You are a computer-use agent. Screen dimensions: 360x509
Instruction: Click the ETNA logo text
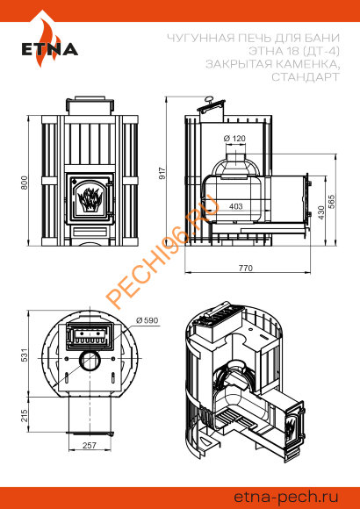50,49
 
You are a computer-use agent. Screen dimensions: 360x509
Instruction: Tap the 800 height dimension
25,183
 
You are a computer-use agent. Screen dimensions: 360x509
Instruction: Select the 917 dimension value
162,174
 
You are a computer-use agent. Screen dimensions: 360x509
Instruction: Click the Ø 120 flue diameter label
234,139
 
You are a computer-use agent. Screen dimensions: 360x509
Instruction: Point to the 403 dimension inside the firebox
235,206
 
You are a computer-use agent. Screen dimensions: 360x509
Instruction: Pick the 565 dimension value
331,201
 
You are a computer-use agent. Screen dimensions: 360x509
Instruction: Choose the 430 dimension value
321,212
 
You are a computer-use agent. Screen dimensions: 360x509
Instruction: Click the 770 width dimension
245,269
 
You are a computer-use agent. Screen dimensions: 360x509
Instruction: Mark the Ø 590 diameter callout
147,320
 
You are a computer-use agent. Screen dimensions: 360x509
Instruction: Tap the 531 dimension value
25,355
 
